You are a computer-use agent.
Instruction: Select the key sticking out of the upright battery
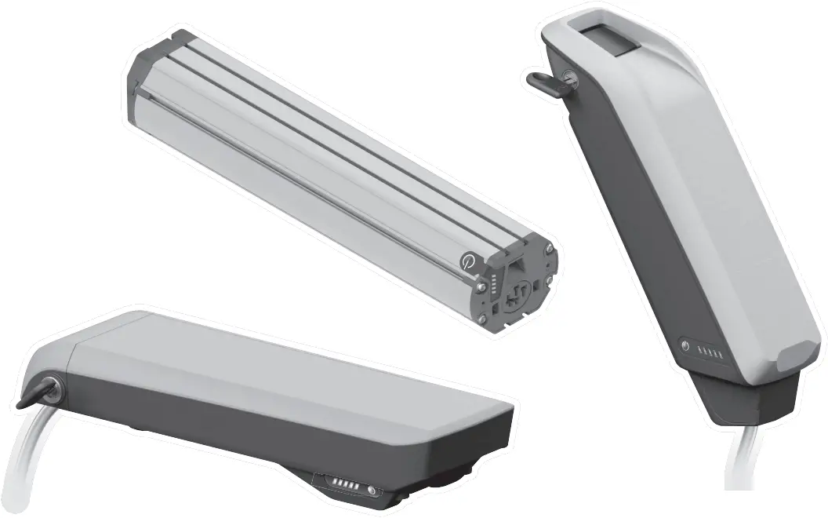tap(542, 78)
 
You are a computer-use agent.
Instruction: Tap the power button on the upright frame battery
tap(685, 345)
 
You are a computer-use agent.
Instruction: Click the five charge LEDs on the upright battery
tap(710, 352)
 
